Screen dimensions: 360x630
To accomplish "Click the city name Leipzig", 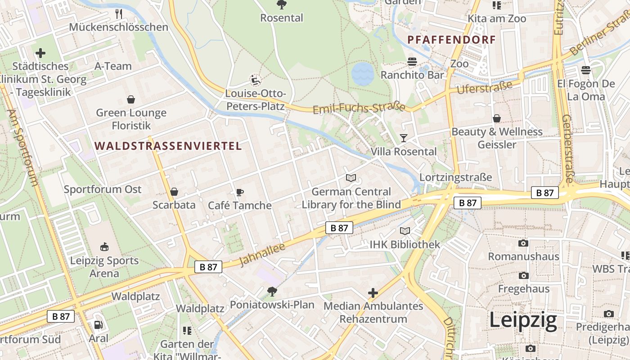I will [523, 320].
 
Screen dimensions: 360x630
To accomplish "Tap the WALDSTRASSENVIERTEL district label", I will [169, 146].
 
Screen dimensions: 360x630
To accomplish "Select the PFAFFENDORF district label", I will [451, 40].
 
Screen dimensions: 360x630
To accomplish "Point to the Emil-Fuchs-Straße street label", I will [359, 108].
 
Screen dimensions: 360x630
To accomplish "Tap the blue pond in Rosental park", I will [363, 74].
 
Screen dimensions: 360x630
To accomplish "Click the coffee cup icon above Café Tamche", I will [240, 193].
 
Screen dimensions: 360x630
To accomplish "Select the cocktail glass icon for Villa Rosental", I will [404, 138].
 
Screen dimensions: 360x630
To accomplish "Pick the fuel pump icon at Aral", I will [98, 325].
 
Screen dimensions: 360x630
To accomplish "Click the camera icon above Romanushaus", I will [523, 243].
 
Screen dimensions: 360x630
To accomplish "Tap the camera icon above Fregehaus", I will [523, 275].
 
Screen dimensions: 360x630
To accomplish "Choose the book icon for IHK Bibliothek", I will [405, 231].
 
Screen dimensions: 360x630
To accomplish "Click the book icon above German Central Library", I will [351, 178].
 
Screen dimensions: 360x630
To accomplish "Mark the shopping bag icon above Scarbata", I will [174, 192].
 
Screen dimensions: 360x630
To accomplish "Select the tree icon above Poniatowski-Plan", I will [272, 292].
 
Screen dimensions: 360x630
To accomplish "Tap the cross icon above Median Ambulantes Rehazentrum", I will [373, 293].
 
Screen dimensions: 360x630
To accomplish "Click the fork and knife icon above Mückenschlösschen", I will [119, 13].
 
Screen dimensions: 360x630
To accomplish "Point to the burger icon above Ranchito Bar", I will [412, 61].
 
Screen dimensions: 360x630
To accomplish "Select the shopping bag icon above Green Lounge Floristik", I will [131, 99].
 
